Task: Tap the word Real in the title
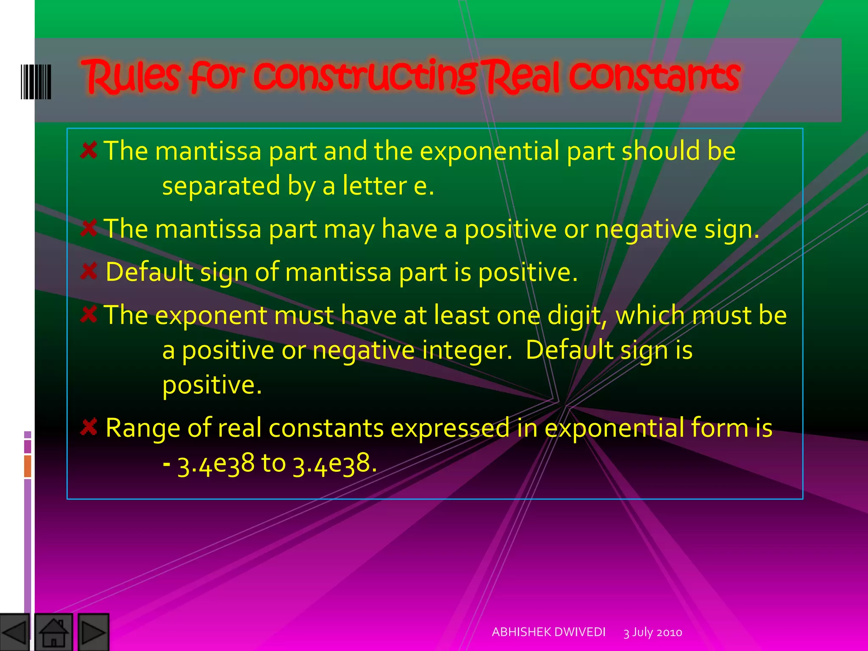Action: coord(524,76)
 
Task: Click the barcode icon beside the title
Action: coord(36,81)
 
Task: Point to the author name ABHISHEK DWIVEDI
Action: coord(548,632)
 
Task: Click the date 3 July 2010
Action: coord(653,632)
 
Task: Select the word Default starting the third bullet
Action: coord(149,272)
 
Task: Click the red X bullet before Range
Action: coord(89,427)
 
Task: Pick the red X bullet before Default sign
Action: coord(89,271)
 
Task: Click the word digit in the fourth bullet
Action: coord(577,316)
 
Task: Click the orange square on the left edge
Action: coord(28,466)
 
